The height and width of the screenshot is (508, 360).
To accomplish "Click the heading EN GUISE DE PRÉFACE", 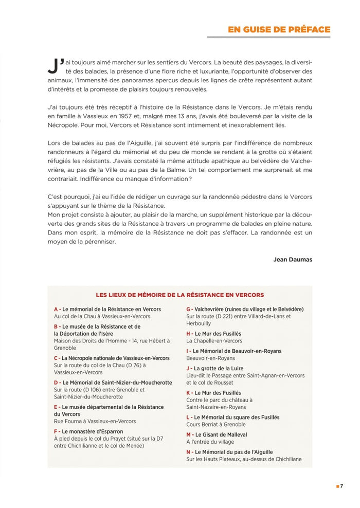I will coord(279,29).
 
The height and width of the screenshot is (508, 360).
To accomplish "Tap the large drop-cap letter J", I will coord(53,65).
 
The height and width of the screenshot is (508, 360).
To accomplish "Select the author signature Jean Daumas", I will coord(293,260).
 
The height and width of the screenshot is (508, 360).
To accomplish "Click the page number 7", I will coord(341,486).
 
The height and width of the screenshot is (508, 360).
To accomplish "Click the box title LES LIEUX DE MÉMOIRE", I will coord(179,295).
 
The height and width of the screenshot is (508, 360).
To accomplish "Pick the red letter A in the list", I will coord(56,309).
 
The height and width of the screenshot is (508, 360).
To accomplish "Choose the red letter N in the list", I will coord(189,452).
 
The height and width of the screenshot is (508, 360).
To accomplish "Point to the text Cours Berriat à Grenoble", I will coord(216,425).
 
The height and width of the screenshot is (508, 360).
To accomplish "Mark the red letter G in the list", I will coord(189,309).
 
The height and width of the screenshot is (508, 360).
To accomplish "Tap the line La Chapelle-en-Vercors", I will coord(214,341).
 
